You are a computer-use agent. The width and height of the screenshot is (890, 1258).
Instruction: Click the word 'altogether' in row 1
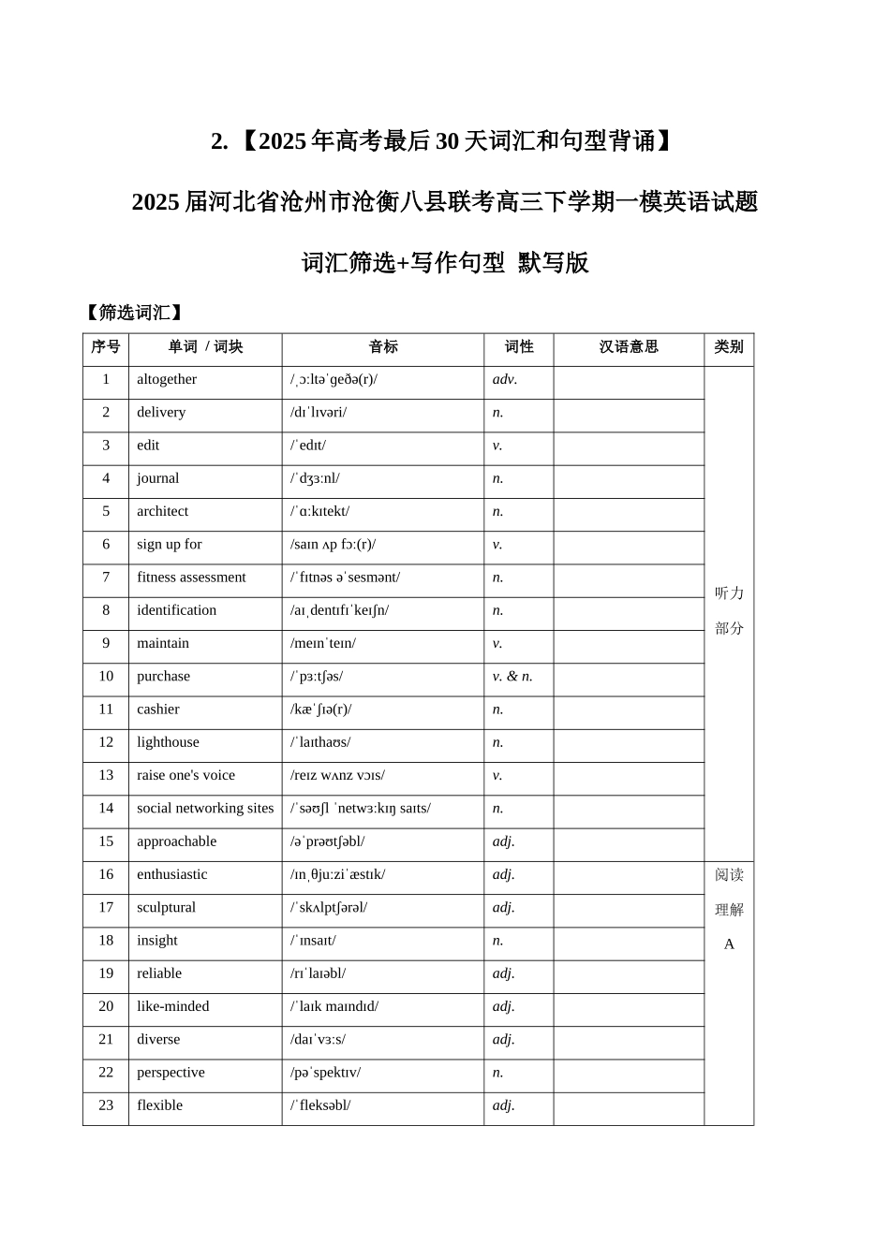(167, 379)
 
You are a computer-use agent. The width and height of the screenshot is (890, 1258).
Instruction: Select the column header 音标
(383, 347)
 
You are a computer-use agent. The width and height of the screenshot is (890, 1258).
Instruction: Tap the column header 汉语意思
(629, 347)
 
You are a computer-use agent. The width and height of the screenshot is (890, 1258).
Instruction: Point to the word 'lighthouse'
(168, 742)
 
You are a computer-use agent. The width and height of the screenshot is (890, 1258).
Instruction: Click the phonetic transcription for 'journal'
(315, 478)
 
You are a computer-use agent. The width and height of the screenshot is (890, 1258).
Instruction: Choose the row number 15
(106, 841)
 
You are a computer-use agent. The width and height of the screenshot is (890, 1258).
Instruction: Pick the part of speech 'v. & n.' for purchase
(512, 676)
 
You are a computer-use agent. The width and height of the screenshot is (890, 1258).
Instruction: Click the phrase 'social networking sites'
(205, 808)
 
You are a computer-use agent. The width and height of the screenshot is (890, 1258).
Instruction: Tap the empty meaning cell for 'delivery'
(629, 413)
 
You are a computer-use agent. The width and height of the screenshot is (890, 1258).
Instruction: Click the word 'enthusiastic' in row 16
(172, 874)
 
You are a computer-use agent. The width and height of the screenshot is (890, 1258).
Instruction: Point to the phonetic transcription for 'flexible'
(320, 1105)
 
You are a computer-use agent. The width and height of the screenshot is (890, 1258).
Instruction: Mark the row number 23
(106, 1105)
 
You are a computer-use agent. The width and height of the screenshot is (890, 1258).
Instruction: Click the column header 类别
(729, 347)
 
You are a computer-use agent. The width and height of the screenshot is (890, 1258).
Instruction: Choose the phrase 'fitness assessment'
(191, 578)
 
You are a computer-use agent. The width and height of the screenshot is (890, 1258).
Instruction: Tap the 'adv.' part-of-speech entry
(505, 379)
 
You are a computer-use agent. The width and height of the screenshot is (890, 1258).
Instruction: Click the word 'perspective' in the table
(171, 1073)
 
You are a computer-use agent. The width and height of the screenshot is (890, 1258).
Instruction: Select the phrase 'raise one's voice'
(185, 775)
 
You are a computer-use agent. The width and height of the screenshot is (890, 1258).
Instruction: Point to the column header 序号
(106, 347)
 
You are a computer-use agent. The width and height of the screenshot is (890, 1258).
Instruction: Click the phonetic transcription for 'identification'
(339, 610)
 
